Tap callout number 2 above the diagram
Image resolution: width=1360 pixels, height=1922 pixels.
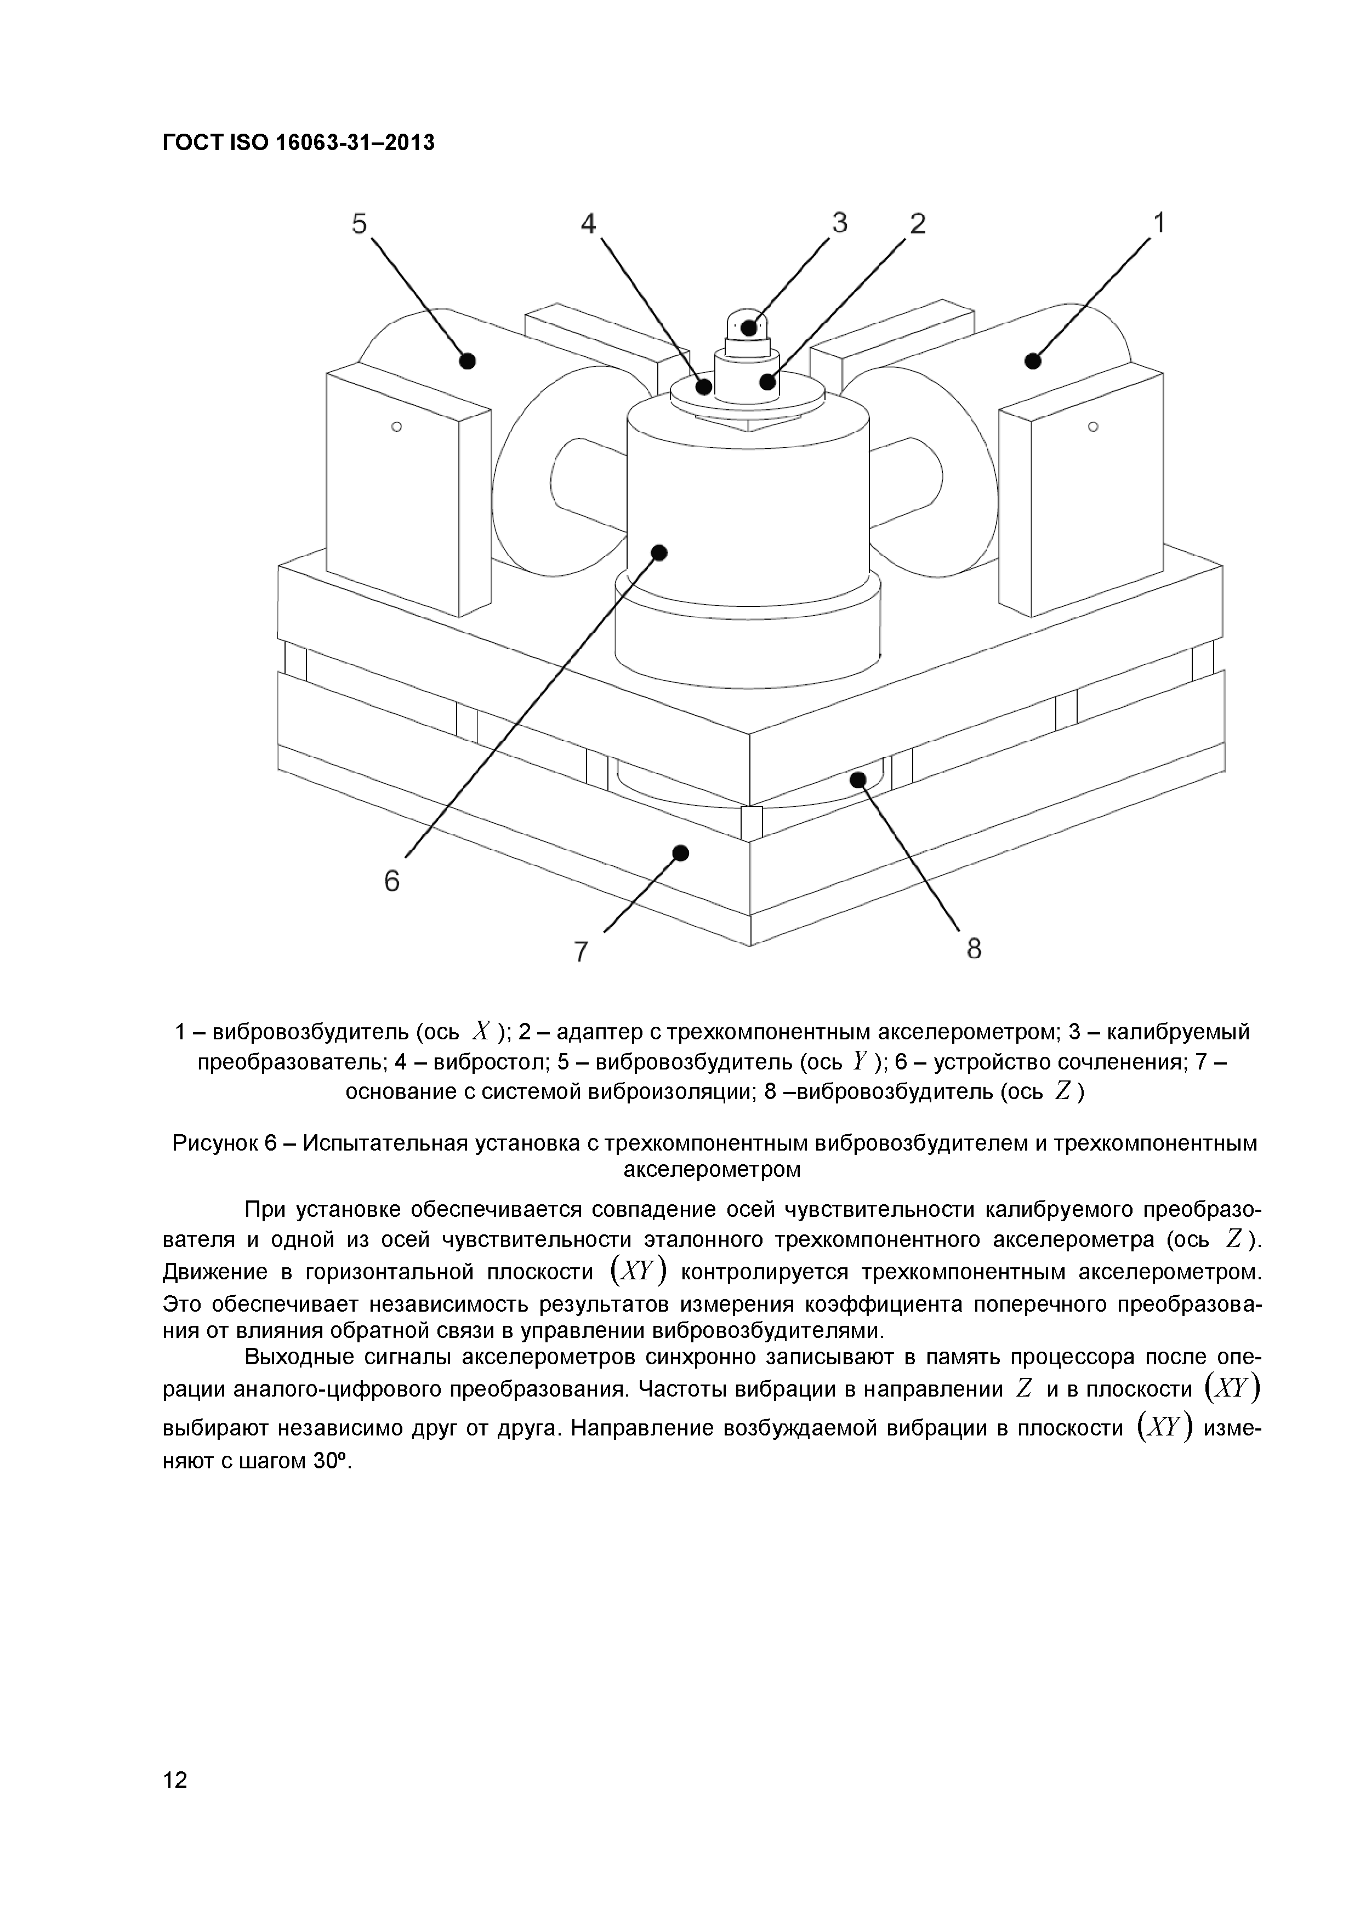click(918, 224)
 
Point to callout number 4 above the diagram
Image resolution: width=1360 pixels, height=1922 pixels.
click(589, 224)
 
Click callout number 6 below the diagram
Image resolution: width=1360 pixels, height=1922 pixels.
click(392, 880)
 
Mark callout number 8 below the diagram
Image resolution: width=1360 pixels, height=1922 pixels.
click(974, 948)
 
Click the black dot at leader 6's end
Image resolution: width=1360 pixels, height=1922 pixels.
click(659, 552)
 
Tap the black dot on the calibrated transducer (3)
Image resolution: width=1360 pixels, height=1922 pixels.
click(749, 327)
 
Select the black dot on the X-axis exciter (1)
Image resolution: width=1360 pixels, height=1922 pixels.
click(1033, 361)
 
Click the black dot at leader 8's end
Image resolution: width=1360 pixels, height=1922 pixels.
click(857, 780)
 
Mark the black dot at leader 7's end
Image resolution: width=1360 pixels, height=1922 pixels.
click(681, 853)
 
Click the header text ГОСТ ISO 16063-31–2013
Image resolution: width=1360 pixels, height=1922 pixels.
click(299, 143)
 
